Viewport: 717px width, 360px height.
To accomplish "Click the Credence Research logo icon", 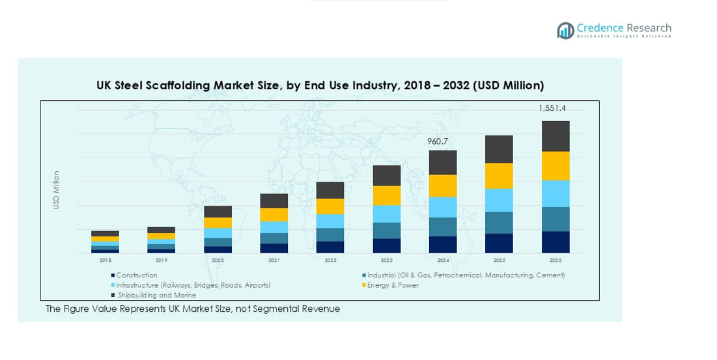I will coord(565,30).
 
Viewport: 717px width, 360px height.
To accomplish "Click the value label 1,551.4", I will coord(552,108).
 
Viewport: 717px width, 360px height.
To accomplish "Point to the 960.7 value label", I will coord(438,141).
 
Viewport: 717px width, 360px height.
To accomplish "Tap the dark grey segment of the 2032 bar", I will coord(555,136).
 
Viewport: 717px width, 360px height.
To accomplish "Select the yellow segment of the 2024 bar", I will coord(443,186).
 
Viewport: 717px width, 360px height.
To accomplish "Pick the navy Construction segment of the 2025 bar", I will coord(499,243).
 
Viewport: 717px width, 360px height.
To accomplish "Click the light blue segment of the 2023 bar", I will coord(386,214).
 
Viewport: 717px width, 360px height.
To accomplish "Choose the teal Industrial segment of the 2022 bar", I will coord(330,234).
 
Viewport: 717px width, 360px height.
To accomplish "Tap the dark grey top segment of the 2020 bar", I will coord(218,212).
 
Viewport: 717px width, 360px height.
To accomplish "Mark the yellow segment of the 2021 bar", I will coord(274,215).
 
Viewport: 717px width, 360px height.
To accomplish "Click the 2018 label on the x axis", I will coord(105,260).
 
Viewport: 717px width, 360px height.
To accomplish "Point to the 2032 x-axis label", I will coord(555,260).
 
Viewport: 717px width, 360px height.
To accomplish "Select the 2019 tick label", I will coord(162,260).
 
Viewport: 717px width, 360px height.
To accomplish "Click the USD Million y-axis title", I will coord(56,190).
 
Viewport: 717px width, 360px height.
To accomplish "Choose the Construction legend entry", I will coord(137,275).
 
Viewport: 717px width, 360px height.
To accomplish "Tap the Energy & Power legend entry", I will coord(393,285).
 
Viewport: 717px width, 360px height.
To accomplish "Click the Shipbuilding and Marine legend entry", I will coord(156,296).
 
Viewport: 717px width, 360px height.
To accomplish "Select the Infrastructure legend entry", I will coord(193,285).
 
